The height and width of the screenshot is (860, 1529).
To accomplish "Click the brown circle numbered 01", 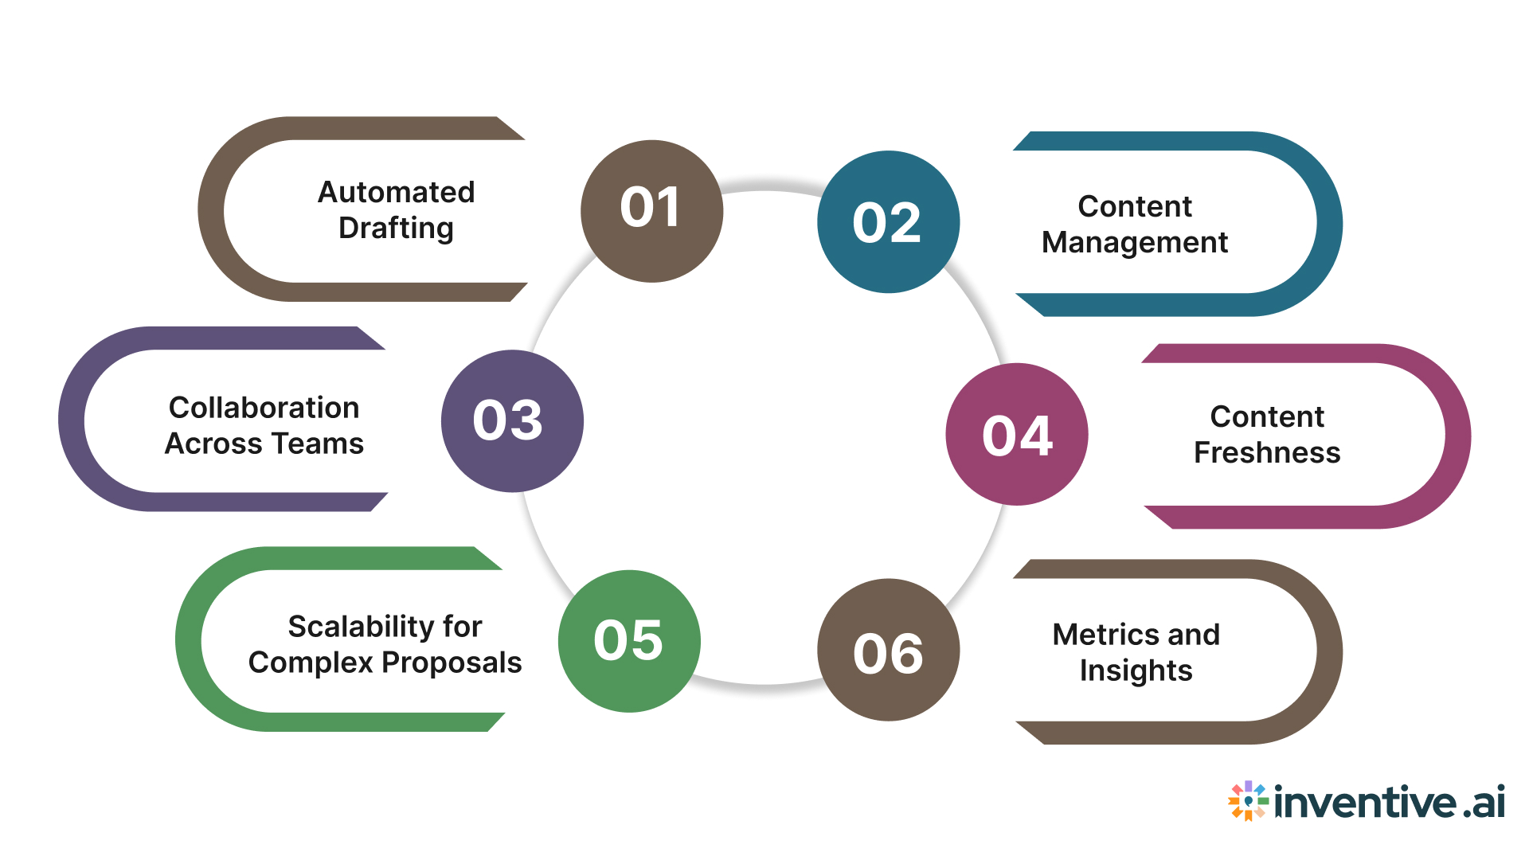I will tap(651, 211).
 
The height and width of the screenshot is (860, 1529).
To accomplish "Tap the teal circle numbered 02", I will tap(888, 222).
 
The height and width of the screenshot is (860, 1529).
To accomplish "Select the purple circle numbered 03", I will tap(512, 421).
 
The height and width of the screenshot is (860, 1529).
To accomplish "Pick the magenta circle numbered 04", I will tap(1017, 435).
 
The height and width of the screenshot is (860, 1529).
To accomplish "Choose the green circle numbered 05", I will tap(629, 641).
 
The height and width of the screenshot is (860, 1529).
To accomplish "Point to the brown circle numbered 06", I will tap(888, 651).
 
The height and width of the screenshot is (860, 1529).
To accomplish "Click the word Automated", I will tap(396, 192).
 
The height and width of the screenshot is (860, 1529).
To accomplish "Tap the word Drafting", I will tap(396, 229).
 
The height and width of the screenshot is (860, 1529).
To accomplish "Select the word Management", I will tap(1134, 243).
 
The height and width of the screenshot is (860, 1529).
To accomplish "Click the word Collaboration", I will tap(264, 408).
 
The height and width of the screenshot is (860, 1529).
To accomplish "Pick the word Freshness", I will tap(1266, 452).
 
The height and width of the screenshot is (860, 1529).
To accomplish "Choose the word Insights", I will tap(1136, 670).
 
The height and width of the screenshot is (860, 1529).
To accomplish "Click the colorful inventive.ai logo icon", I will tap(1248, 800).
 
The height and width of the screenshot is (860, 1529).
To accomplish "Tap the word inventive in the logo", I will tap(1365, 802).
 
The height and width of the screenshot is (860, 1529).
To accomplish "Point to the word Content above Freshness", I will tap(1266, 416).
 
